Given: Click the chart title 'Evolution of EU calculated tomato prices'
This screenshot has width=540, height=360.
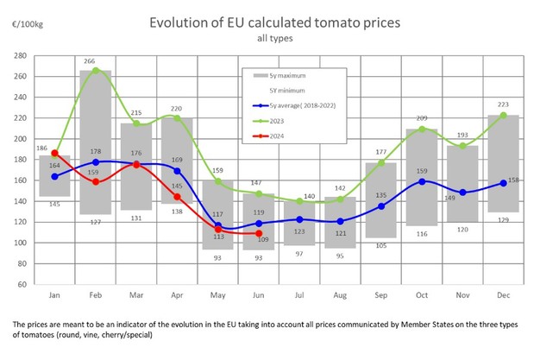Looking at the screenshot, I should click(268, 21).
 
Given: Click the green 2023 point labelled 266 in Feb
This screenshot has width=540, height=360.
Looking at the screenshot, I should click(96, 71).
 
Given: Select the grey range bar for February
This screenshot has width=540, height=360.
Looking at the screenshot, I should click(96, 142).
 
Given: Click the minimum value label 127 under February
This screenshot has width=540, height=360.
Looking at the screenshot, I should click(96, 222).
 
